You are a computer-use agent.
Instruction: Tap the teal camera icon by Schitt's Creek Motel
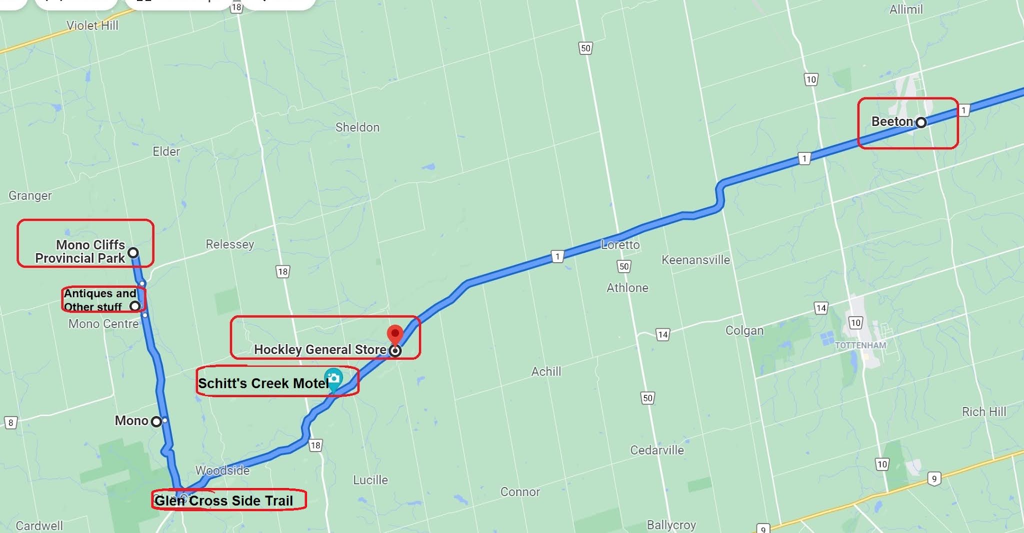pos(333,379)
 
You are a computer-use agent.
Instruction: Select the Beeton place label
pos(892,121)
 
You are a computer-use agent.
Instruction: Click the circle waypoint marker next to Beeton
pos(920,122)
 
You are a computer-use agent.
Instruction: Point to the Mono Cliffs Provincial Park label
pos(80,251)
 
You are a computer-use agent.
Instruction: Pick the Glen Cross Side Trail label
pos(223,501)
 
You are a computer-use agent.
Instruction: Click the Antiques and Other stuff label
pos(99,300)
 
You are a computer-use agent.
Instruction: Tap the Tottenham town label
pos(860,345)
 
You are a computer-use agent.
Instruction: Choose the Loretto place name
pos(620,245)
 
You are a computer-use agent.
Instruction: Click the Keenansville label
pos(695,260)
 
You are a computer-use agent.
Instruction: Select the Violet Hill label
pos(92,25)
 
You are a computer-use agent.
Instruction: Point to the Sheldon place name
pos(357,127)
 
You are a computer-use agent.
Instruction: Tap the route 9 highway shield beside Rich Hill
pos(934,479)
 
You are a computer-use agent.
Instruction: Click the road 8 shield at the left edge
pos(10,423)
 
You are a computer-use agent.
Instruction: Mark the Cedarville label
pos(656,450)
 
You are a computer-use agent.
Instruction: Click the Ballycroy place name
pos(671,525)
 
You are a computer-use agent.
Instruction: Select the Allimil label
pos(905,9)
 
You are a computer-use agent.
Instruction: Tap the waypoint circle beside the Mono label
pos(156,422)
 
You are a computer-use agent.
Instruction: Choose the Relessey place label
pos(230,244)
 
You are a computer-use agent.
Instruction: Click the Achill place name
pos(546,372)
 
